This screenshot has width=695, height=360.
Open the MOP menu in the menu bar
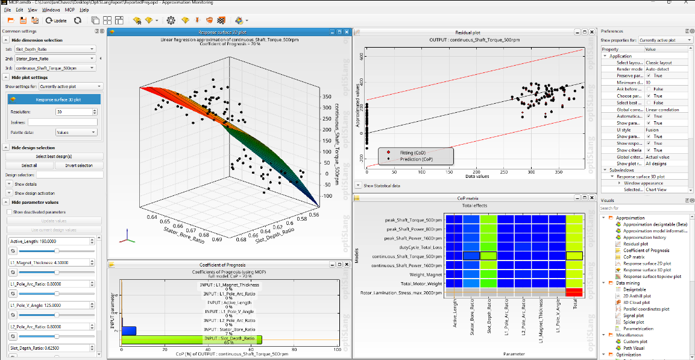70,10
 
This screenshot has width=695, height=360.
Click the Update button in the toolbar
57,21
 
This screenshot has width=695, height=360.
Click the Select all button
29,165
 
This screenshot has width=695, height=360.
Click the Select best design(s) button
54,156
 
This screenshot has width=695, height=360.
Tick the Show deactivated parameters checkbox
10,212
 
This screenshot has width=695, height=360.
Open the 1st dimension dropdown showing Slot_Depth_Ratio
55,49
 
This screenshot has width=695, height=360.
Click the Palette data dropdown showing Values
75,131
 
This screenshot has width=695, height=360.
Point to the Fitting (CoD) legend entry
412,153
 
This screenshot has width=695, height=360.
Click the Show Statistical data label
382,186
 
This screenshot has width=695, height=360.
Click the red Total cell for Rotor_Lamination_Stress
574,292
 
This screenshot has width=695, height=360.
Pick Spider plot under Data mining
632,322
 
